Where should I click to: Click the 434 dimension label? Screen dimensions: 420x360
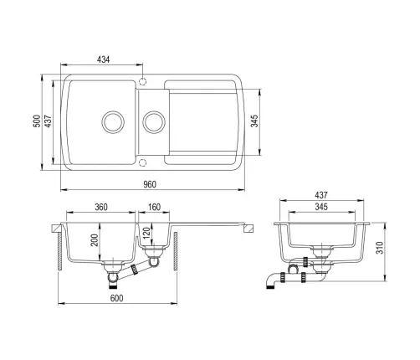pyautogui.click(x=103, y=59)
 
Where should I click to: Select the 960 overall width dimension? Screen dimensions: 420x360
pyautogui.click(x=150, y=184)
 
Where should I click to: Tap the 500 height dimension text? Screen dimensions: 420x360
pyautogui.click(x=37, y=121)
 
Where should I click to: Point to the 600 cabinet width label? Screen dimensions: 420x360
pyautogui.click(x=116, y=298)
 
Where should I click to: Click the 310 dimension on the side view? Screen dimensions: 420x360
pyautogui.click(x=380, y=248)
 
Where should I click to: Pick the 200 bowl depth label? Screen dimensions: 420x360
pyautogui.click(x=95, y=239)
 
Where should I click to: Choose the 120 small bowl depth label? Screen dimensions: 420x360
pyautogui.click(x=146, y=232)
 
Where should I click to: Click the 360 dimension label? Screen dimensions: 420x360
pyautogui.click(x=101, y=207)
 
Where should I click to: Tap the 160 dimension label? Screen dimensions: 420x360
pyautogui.click(x=154, y=207)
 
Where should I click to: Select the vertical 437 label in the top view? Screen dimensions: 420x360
pyautogui.click(x=48, y=121)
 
